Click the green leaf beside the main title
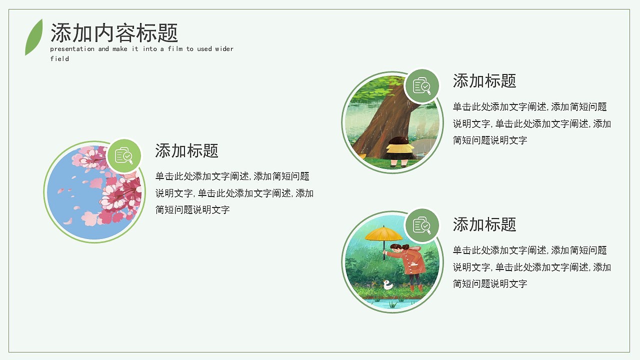point(34,37)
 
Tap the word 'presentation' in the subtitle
point(72,49)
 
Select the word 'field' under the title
point(59,58)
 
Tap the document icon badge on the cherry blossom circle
point(124,156)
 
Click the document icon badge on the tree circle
point(422,86)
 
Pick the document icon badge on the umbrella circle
point(422,225)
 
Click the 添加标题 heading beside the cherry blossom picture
point(187,150)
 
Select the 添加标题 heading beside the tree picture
point(484,81)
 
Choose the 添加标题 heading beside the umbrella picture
point(484,224)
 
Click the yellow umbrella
point(383,235)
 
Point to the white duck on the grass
point(387,284)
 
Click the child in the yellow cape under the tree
point(399,151)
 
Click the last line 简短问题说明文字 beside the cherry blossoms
point(192,210)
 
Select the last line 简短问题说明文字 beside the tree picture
point(490,140)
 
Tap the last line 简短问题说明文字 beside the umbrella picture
point(490,283)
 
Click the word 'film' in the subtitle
point(175,49)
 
